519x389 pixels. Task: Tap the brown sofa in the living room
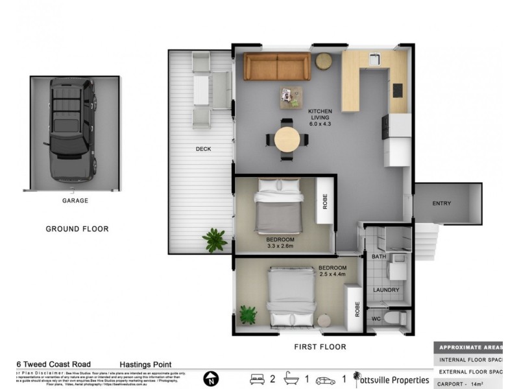277,66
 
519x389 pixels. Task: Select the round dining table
287,139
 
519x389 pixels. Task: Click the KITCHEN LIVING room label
320,117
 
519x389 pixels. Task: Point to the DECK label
204,149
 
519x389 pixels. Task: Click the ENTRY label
441,204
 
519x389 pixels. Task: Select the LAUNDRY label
386,290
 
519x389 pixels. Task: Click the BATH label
379,257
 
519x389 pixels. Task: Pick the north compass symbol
211,379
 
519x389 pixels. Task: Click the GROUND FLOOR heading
77,229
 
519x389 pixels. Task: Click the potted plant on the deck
214,240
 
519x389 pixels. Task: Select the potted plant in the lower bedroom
248,315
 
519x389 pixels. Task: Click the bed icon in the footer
257,379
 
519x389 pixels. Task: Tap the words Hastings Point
145,365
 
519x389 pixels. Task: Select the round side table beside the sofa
324,61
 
